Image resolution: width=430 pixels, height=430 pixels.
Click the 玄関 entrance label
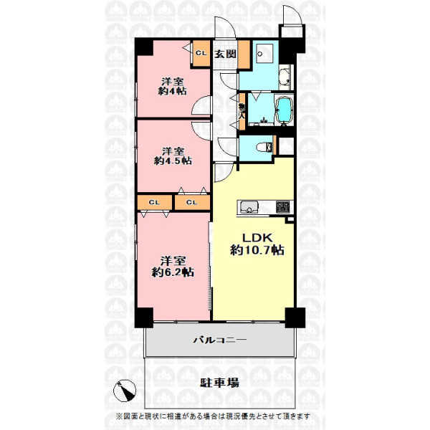(x=225, y=54)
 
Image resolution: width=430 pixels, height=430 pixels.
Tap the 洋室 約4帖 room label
(x=173, y=86)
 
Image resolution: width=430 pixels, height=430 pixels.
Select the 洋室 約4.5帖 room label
(x=173, y=156)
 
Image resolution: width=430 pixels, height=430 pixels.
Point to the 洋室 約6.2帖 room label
(x=173, y=267)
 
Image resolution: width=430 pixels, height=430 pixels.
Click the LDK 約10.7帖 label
(x=257, y=244)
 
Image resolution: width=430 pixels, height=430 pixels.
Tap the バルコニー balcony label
(x=220, y=340)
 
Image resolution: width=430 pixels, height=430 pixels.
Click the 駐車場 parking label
(x=219, y=383)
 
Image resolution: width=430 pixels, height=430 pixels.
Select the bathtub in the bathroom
(x=285, y=110)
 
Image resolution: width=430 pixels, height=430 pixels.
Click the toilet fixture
(x=264, y=148)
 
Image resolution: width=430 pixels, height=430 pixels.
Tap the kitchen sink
(x=249, y=207)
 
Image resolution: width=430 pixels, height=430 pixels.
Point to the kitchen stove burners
(x=283, y=207)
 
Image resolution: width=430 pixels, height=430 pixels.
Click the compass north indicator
(x=125, y=391)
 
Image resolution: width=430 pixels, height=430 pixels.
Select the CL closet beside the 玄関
(x=201, y=53)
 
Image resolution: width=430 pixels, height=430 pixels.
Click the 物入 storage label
(x=242, y=111)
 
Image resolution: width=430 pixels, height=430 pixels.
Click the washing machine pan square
(x=264, y=54)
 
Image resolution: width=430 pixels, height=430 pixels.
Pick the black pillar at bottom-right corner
(x=295, y=317)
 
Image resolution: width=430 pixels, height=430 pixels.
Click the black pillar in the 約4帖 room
(x=144, y=47)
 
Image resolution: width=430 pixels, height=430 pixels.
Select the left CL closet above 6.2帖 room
(x=154, y=202)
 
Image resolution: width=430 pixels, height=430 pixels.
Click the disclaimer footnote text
(x=213, y=416)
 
